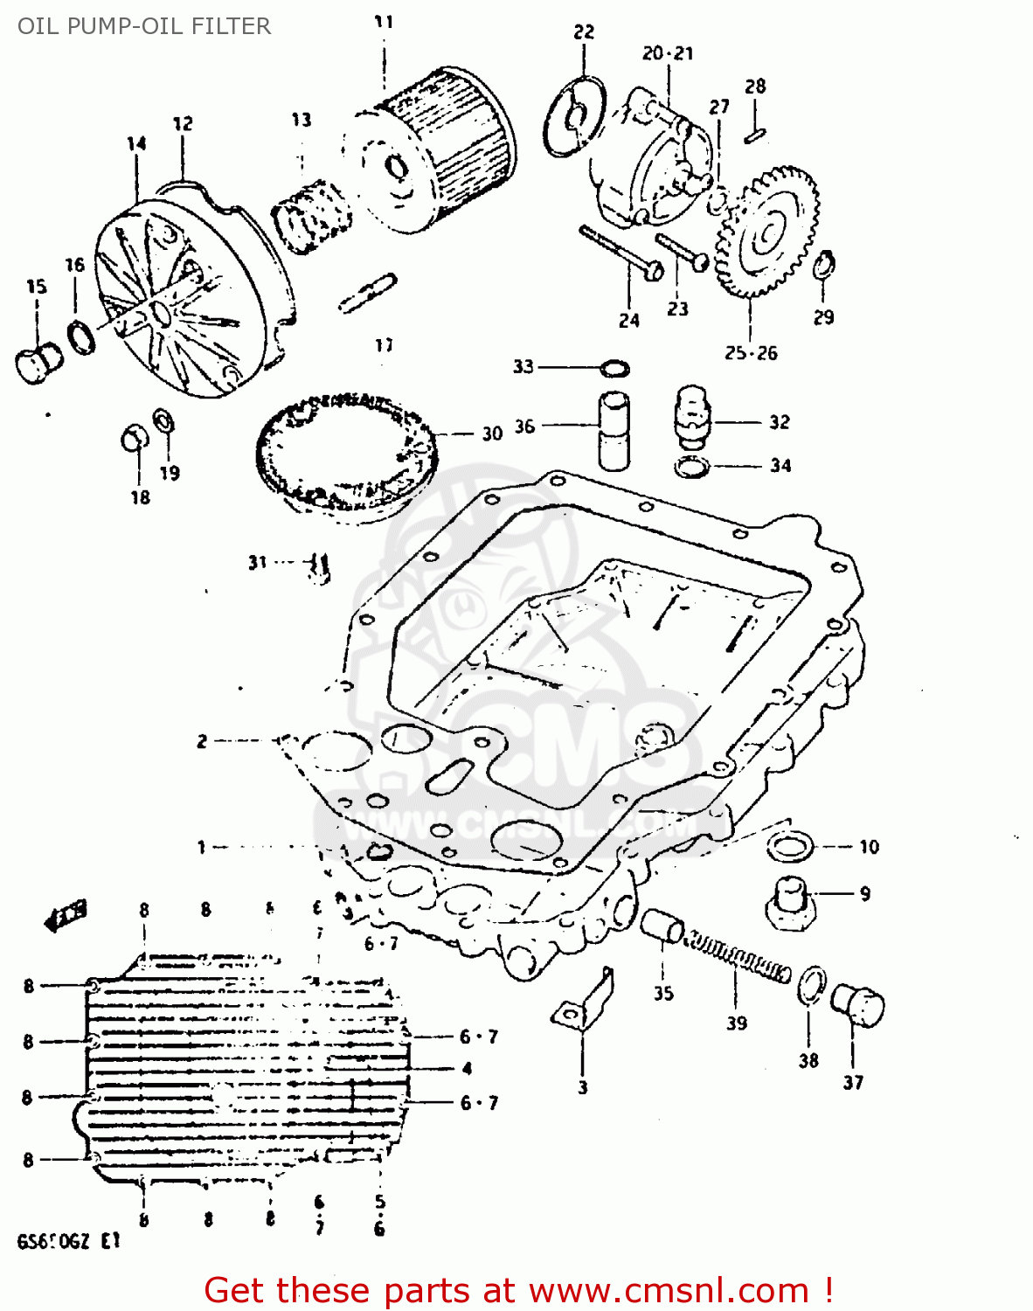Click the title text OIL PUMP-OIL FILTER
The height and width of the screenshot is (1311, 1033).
144,26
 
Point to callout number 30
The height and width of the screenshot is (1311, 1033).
492,434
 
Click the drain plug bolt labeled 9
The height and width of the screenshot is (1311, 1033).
791,900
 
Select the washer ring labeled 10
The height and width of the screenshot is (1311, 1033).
790,846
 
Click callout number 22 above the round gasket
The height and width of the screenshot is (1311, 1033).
584,32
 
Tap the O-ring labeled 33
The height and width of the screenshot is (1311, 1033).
615,367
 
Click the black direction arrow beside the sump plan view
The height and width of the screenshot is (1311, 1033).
66,916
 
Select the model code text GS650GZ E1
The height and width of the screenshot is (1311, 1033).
68,1242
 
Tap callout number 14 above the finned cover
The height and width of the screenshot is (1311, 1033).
136,144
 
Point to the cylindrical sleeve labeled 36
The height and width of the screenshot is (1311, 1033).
614,430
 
